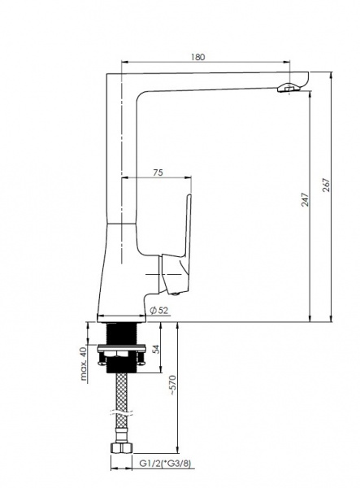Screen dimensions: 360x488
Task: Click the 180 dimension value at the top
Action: point(198,57)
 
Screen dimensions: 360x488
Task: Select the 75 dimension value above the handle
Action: point(158,172)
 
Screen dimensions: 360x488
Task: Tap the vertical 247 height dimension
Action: point(305,199)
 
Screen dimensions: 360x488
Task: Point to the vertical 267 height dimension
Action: point(326,185)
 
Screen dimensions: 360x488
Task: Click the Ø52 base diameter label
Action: point(158,310)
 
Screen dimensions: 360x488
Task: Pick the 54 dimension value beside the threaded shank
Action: point(157,349)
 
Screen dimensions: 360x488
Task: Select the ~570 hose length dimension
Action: point(172,386)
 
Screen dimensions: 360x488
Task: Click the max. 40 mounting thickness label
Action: point(83,364)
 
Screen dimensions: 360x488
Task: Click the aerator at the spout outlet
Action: point(288,88)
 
